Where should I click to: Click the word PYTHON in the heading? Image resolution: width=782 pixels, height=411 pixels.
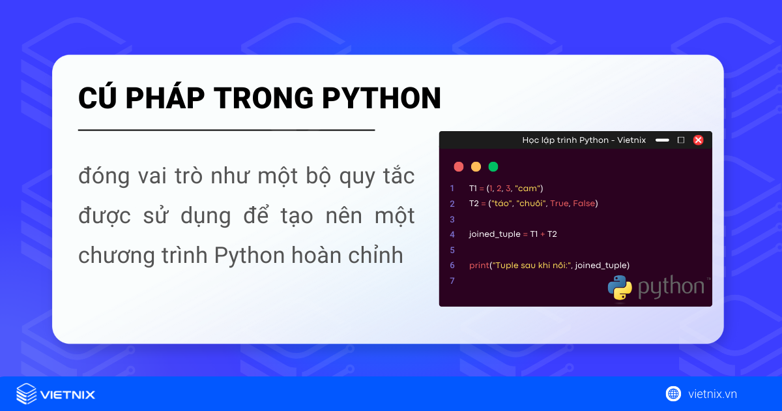[382, 98]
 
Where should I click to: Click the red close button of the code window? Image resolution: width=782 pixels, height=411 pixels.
[698, 140]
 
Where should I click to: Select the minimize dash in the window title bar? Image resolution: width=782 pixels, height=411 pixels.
[662, 140]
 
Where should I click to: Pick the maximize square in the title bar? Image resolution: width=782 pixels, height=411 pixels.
[681, 140]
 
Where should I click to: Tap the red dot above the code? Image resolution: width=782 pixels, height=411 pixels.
[458, 166]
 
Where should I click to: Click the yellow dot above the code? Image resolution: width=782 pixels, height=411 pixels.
[476, 166]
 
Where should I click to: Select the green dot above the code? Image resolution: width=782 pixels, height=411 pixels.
[493, 166]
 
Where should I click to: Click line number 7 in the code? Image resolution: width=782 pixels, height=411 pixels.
[452, 281]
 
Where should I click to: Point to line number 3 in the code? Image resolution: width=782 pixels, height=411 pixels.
[452, 219]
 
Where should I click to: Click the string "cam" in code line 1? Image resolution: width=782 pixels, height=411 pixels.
[528, 188]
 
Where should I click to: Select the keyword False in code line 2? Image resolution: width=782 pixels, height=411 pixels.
[583, 204]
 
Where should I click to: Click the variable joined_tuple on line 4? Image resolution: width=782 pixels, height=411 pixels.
[494, 234]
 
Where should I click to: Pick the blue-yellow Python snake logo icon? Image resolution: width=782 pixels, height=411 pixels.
[620, 288]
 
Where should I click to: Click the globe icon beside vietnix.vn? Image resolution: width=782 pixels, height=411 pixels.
[673, 393]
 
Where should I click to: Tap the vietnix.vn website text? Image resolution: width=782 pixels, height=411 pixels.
[712, 394]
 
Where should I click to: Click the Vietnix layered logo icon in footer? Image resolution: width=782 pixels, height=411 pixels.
[27, 394]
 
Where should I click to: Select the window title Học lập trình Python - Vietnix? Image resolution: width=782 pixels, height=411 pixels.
[584, 140]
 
